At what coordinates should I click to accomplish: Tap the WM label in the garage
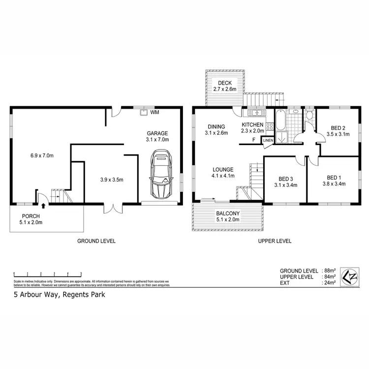[x=154, y=113]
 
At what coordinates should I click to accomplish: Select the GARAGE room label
[x=157, y=133]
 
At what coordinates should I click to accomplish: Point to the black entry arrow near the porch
[x=43, y=206]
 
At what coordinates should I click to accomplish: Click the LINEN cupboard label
[x=268, y=141]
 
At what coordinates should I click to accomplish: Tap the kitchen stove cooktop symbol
[x=269, y=126]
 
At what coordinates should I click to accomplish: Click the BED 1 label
[x=333, y=178]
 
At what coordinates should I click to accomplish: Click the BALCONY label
[x=228, y=213]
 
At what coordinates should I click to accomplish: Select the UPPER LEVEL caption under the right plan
[x=275, y=241]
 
